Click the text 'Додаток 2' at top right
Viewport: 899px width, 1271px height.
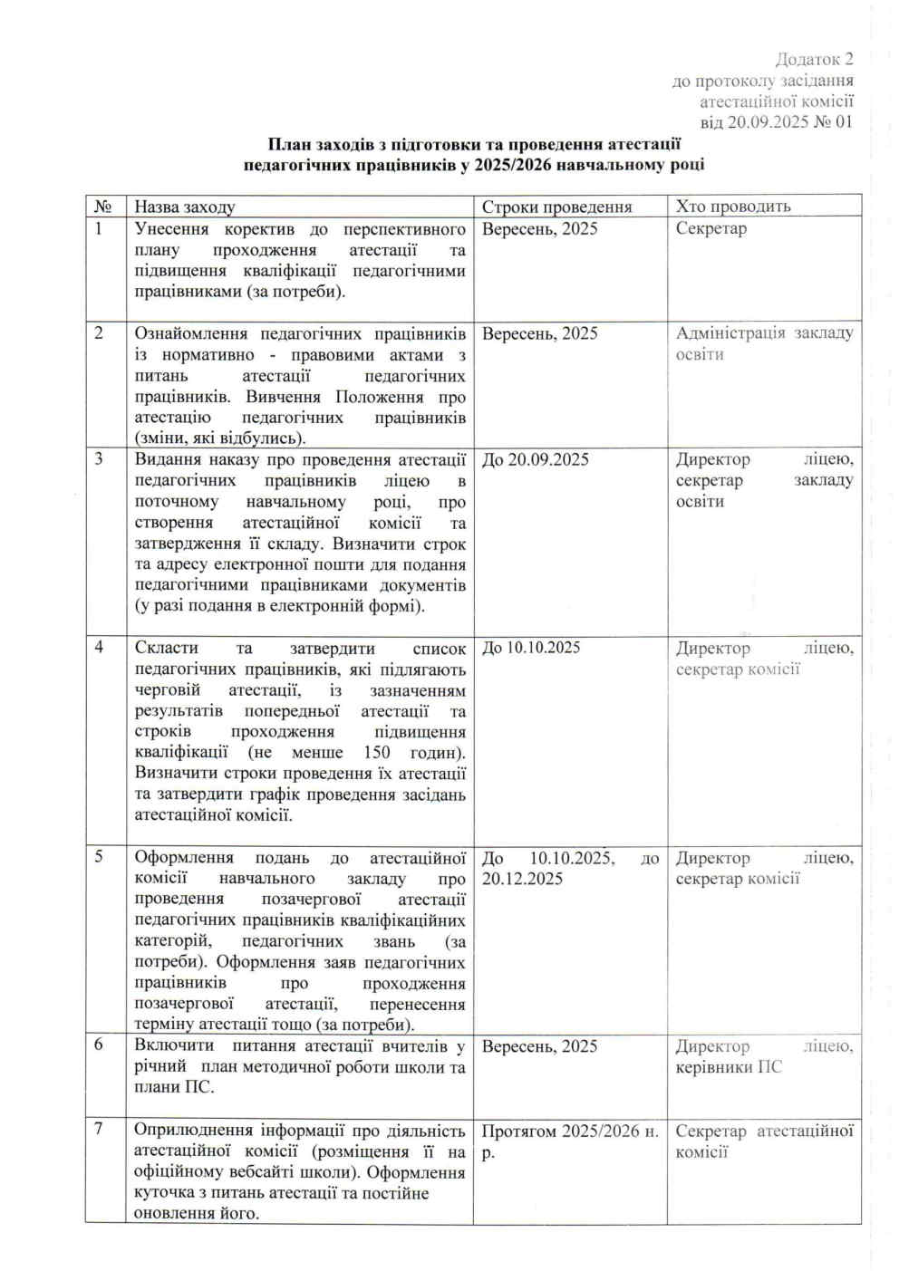(x=814, y=60)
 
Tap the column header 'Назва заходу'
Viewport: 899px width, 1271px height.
(x=184, y=207)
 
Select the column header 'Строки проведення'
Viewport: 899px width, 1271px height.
(x=556, y=207)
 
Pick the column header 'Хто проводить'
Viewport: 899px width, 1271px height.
(x=732, y=207)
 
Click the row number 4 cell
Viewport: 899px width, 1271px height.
(x=99, y=647)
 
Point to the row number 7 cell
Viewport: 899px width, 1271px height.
(x=99, y=1129)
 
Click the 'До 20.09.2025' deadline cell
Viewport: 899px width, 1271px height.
(x=535, y=460)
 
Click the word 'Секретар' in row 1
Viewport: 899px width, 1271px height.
(x=710, y=228)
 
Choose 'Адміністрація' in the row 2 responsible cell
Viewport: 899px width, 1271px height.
(x=730, y=333)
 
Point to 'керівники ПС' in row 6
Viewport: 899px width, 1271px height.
(x=728, y=1067)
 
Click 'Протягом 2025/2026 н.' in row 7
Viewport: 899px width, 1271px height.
(x=569, y=1131)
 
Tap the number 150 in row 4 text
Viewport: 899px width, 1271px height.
(x=376, y=753)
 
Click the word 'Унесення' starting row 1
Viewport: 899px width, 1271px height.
(x=171, y=229)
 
